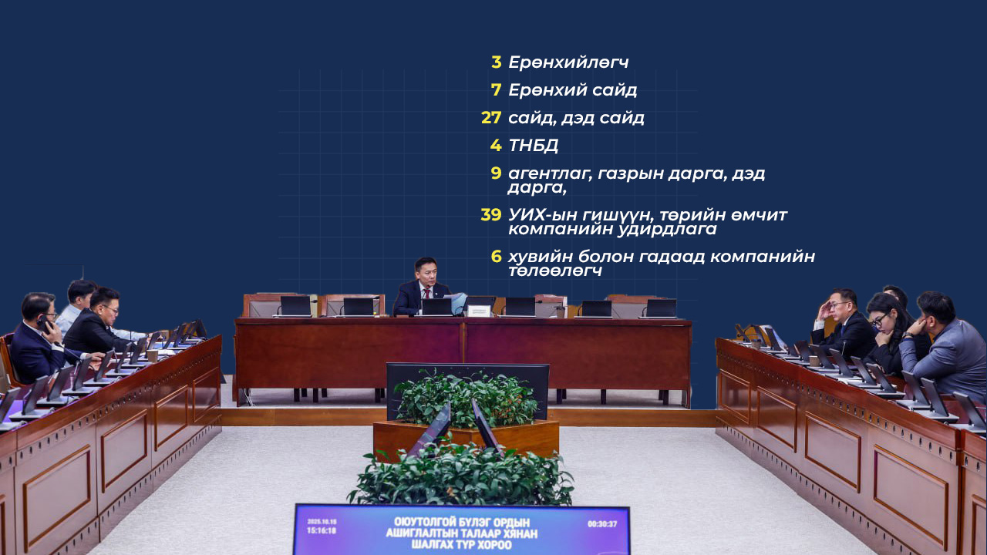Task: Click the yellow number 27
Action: pos(491,118)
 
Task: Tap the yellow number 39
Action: pos(491,214)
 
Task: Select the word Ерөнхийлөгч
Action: pos(568,62)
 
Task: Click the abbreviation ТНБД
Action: pos(534,146)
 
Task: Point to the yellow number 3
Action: pos(496,62)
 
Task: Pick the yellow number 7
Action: pos(496,90)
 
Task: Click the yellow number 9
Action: pos(496,173)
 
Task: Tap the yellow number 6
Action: pos(496,256)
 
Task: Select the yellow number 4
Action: pos(496,146)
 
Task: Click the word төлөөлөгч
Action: pos(555,271)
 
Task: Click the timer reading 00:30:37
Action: pos(602,523)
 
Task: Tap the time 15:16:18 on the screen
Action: pos(322,531)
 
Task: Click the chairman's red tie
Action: pos(426,295)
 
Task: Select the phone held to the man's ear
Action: pos(44,325)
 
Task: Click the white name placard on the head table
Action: pos(479,311)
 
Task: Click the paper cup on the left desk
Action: pos(153,355)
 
